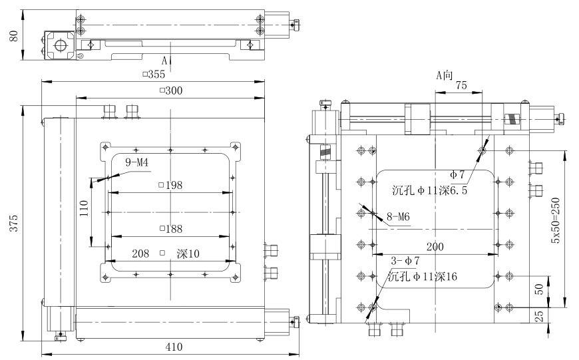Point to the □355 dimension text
[154, 74]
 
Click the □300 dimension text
[170, 90]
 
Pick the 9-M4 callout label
[137, 162]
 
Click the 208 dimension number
[141, 254]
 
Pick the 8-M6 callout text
[399, 216]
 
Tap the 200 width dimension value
[435, 246]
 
